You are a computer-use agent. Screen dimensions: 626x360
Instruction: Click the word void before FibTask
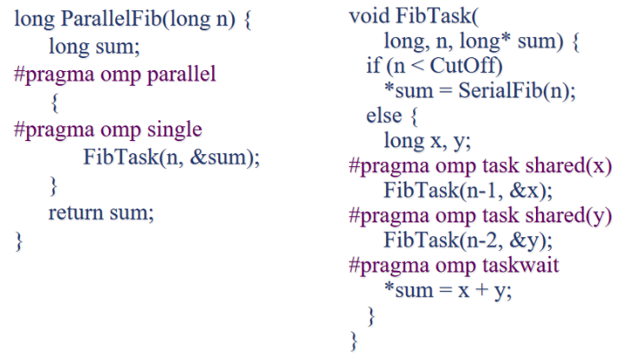[x=370, y=16]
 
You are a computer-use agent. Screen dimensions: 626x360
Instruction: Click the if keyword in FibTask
[x=374, y=67]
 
